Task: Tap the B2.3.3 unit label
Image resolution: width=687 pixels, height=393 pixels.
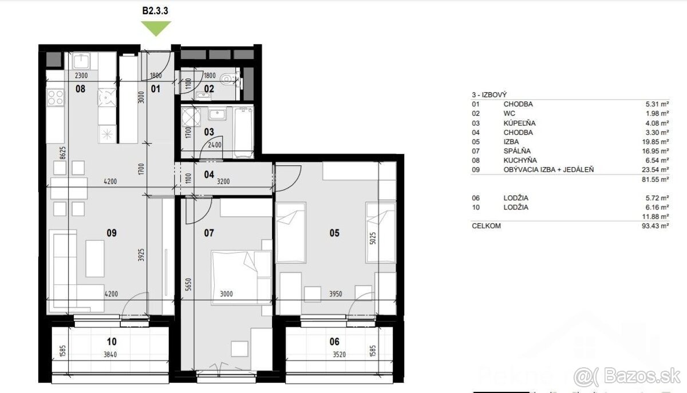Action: click(x=155, y=11)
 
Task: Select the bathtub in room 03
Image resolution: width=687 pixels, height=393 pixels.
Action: click(x=243, y=132)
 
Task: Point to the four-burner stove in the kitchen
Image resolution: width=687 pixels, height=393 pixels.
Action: click(x=56, y=97)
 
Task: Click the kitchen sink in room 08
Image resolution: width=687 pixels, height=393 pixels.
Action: click(x=81, y=61)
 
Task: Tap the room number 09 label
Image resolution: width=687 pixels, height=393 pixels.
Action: click(x=112, y=233)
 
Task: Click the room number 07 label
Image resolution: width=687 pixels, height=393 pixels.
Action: click(x=209, y=233)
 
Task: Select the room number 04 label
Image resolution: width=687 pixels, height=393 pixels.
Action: click(x=209, y=174)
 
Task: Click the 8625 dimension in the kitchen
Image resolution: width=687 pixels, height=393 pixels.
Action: click(x=62, y=153)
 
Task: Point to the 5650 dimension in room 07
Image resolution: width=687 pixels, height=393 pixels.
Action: click(x=188, y=284)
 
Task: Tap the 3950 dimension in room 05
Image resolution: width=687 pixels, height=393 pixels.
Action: click(x=335, y=294)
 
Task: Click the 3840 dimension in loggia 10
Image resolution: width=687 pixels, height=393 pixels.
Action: click(x=110, y=355)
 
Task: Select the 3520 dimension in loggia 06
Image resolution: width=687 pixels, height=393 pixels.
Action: click(x=339, y=355)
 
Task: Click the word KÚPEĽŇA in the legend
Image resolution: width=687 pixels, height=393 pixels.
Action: click(x=519, y=123)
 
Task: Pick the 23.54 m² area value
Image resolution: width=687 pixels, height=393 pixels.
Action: click(x=655, y=169)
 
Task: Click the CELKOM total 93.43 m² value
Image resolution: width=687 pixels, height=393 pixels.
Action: click(x=655, y=226)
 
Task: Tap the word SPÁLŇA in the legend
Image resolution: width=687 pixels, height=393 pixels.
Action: click(x=517, y=151)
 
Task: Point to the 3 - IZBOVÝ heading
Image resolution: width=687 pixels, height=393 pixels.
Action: click(x=489, y=95)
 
